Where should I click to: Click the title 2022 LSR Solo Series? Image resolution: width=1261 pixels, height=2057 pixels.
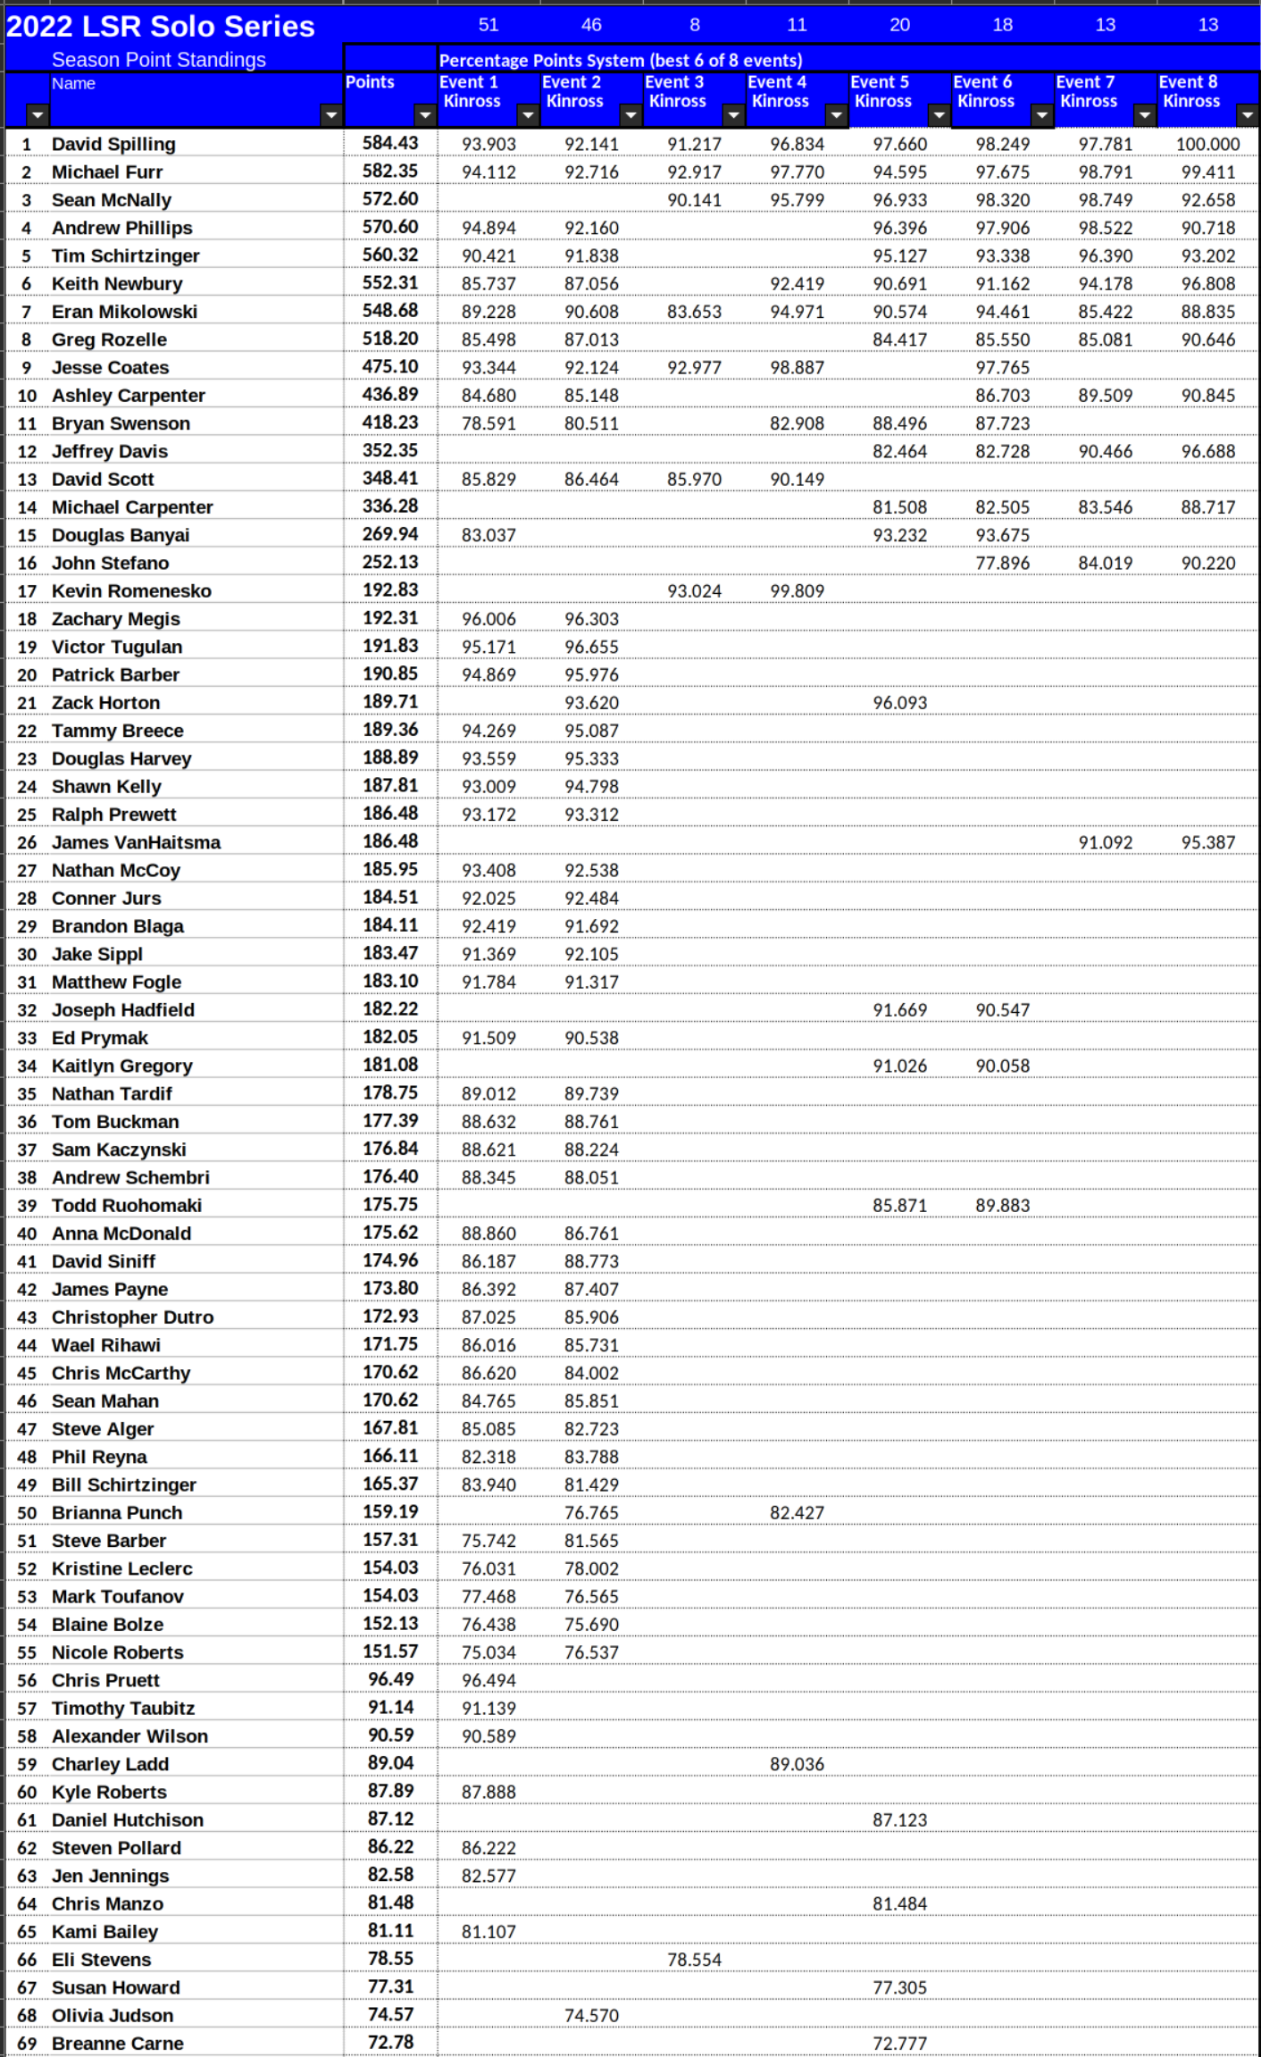(x=161, y=27)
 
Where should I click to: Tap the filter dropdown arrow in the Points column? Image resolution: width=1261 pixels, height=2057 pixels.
(x=424, y=115)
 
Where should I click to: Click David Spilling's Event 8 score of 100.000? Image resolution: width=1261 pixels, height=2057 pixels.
(x=1207, y=145)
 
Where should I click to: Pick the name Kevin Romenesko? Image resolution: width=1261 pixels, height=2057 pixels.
(x=131, y=591)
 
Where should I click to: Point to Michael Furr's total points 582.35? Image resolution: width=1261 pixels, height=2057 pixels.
(x=390, y=171)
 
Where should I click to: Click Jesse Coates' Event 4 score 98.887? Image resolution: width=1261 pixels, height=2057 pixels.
(x=797, y=368)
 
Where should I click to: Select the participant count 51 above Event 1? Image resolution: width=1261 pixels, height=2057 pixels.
(x=489, y=25)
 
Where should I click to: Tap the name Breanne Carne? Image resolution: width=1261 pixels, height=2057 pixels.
(x=117, y=2044)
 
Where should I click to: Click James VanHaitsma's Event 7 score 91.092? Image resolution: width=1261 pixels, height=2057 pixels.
(x=1105, y=843)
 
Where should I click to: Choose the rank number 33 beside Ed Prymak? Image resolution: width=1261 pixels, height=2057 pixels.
(x=27, y=1039)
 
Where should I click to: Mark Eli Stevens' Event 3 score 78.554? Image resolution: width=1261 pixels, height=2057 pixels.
(x=694, y=1960)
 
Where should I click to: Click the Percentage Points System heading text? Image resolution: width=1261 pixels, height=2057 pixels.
(x=620, y=61)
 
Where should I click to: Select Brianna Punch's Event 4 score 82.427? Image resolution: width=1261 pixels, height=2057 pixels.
(x=797, y=1513)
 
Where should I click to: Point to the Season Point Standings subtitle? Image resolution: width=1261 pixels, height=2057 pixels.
(x=158, y=60)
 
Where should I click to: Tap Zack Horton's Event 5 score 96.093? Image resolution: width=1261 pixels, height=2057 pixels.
(x=899, y=704)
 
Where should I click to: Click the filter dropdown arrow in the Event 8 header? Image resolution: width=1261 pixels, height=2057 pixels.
(x=1247, y=115)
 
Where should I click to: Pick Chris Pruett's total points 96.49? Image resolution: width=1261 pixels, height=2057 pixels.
(x=390, y=1680)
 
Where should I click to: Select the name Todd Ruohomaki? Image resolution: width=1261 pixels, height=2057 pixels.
(x=126, y=1206)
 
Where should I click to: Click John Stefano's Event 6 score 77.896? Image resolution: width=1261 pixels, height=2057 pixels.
(x=1002, y=564)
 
